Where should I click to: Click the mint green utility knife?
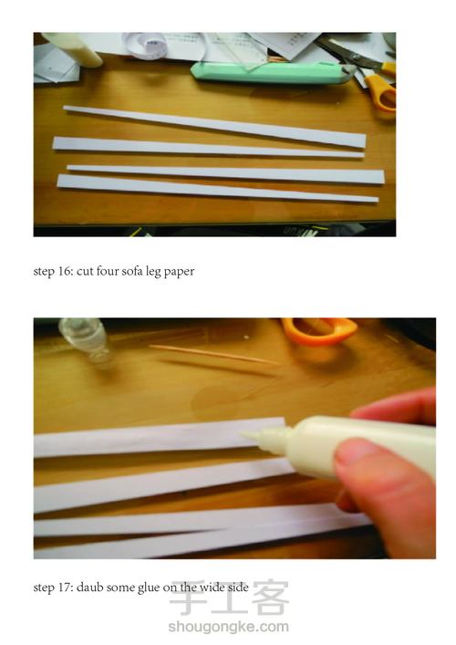[x=273, y=72]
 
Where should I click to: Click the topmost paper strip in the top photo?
[x=214, y=126]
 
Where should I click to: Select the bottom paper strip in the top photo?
[x=217, y=189]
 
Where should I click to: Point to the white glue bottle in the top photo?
[x=72, y=49]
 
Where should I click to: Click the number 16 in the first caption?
[x=65, y=271]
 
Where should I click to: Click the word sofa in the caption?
[x=132, y=271]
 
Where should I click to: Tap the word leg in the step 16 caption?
[x=153, y=272]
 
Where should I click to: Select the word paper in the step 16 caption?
[x=179, y=272]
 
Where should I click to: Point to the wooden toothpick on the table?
[x=214, y=354]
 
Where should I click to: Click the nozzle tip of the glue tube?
[x=242, y=434]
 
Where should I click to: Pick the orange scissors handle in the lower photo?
[x=319, y=330]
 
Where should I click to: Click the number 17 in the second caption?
[x=65, y=587]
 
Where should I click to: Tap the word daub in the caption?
[x=89, y=587]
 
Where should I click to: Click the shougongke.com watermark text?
[x=228, y=627]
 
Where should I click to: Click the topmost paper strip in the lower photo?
[x=160, y=437]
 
